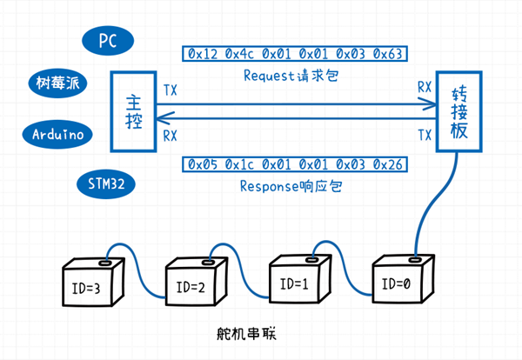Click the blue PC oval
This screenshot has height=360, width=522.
pos(109,40)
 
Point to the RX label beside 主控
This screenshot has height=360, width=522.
pos(171,135)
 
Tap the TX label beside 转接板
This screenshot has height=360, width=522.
pos(425,135)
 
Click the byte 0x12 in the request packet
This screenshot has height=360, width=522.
pos(203,55)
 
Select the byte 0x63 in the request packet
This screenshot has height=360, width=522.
pos(390,55)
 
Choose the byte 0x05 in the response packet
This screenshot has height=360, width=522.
pos(203,165)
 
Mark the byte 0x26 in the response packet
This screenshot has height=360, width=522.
pos(390,165)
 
